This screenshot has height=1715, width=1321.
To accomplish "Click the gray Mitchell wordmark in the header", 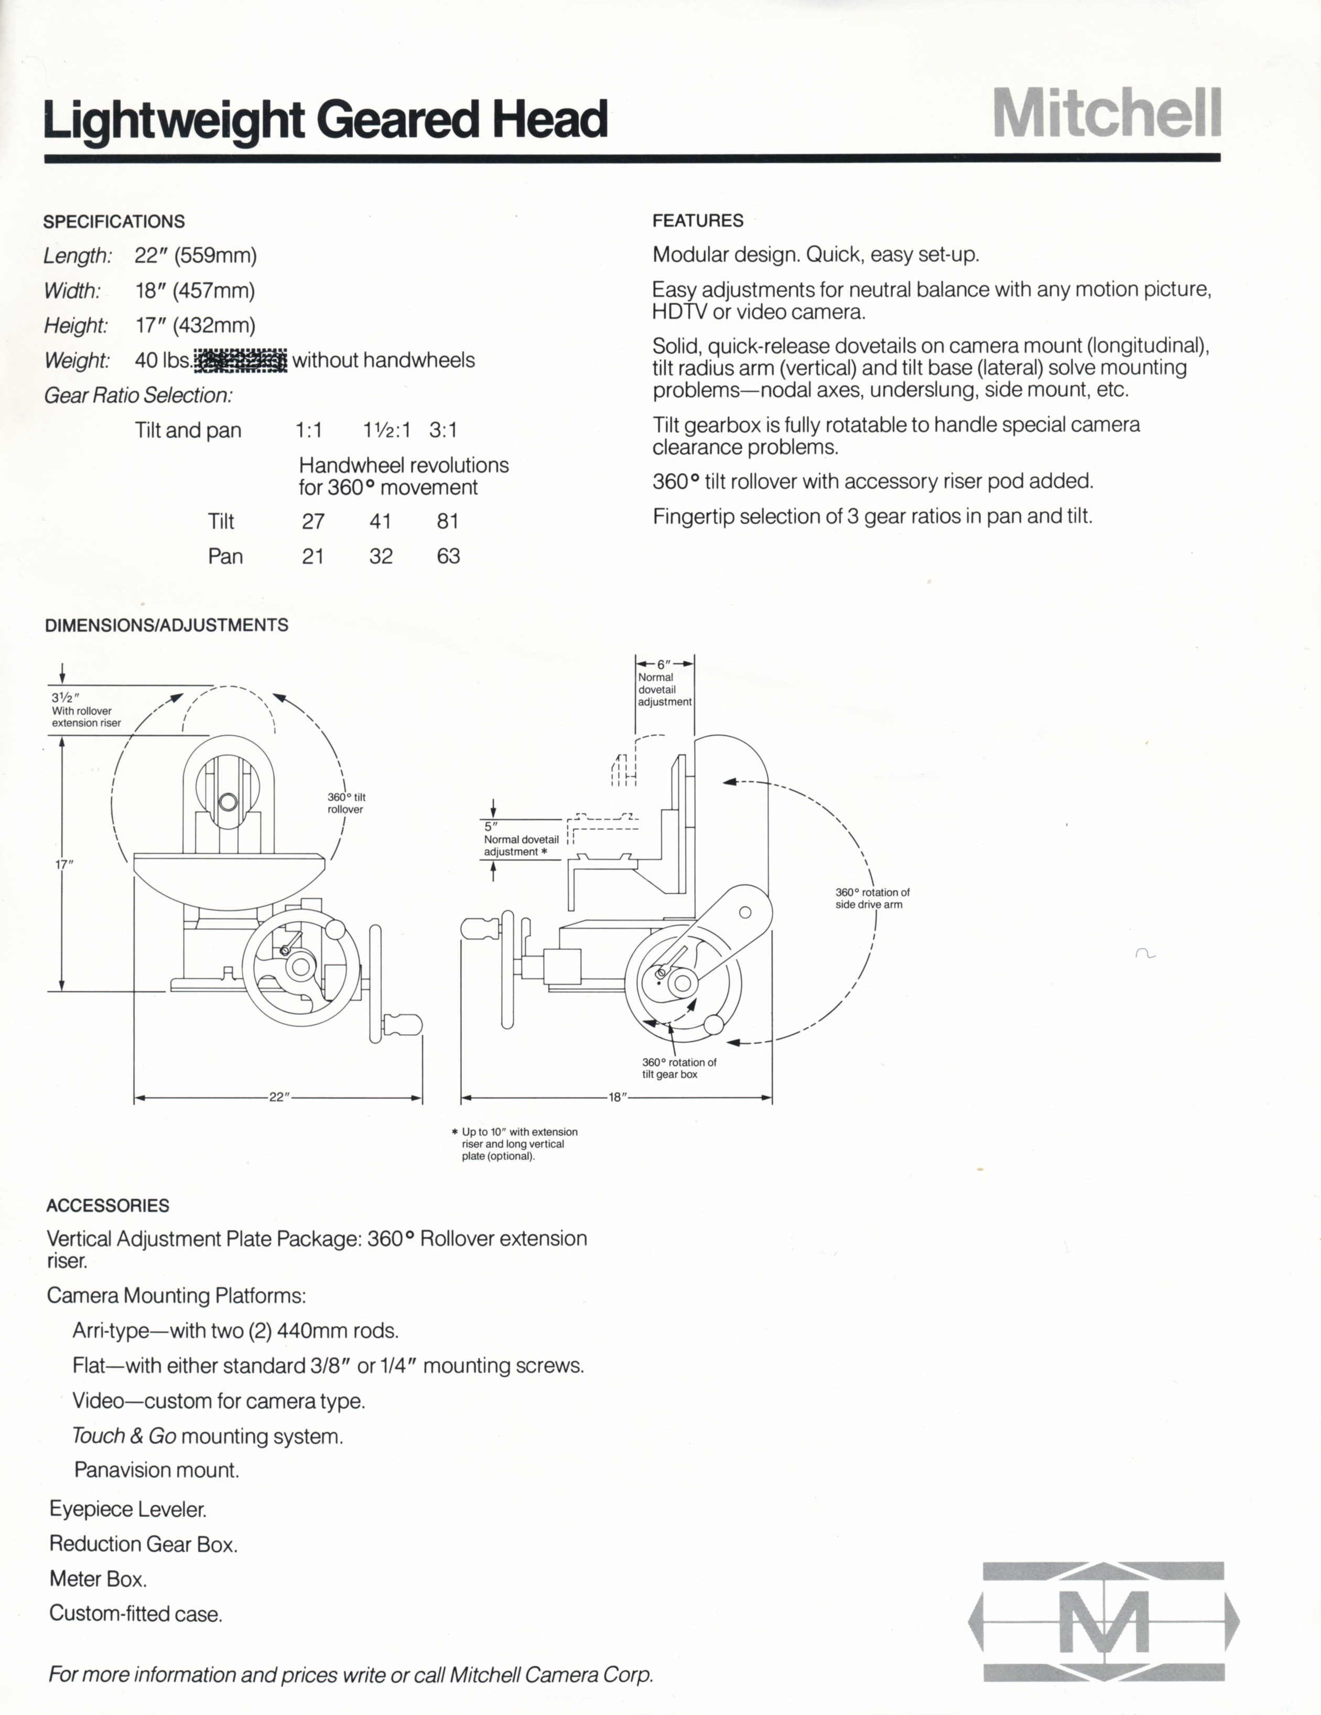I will pos(1107,113).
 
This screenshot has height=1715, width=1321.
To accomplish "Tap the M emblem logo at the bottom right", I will pos(1103,1621).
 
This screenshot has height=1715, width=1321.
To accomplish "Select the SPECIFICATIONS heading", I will pos(114,221).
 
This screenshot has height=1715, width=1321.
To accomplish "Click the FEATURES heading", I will pos(698,221).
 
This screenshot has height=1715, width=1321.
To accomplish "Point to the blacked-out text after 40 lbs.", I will pos(241,360).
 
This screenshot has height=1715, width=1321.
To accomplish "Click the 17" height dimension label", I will pos(63,864).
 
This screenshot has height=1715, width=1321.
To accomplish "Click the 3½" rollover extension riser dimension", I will pos(66,698).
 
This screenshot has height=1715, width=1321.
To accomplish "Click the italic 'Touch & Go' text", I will pos(124,1435).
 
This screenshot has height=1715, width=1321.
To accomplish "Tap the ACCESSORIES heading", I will pos(107,1205).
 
